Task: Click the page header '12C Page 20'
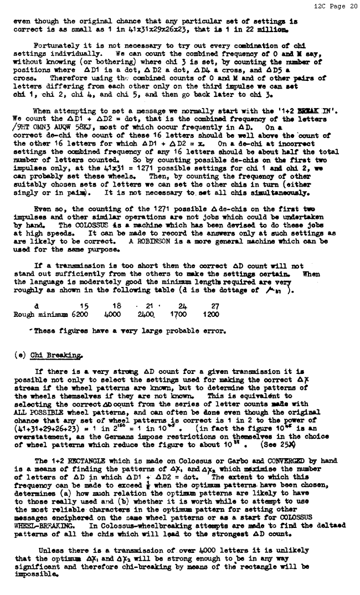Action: click(336, 6)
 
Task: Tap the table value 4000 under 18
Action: click(113, 314)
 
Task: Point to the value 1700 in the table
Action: click(178, 314)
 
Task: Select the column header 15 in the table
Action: click(84, 306)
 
